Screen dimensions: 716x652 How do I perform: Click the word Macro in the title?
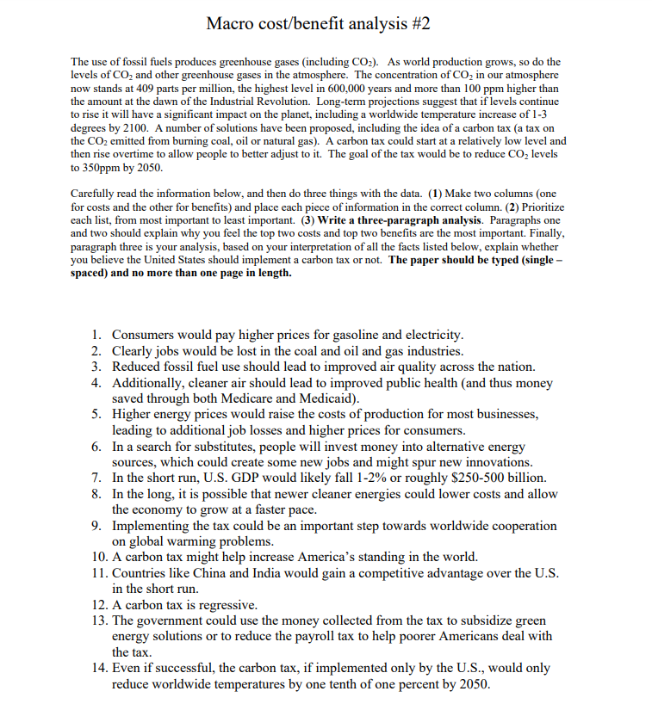click(231, 23)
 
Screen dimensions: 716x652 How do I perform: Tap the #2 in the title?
click(417, 23)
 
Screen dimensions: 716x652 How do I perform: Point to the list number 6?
click(96, 447)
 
